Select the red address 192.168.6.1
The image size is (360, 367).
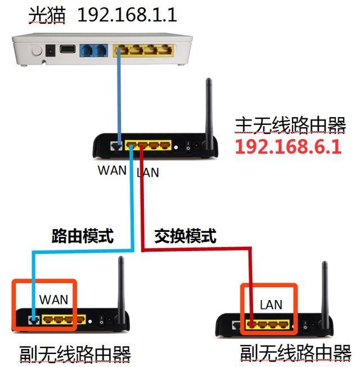point(288,147)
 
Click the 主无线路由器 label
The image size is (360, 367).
point(290,125)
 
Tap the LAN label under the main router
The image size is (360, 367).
point(147,172)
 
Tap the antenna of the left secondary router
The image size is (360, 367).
point(120,284)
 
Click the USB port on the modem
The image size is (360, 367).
point(67,50)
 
